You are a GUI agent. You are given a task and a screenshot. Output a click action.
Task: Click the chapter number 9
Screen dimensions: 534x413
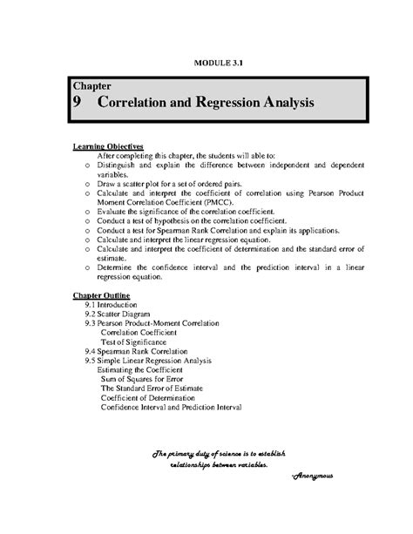point(78,103)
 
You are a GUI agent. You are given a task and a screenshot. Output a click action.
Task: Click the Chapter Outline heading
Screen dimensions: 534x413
point(102,296)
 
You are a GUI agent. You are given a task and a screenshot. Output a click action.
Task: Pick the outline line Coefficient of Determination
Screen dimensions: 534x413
point(149,396)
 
